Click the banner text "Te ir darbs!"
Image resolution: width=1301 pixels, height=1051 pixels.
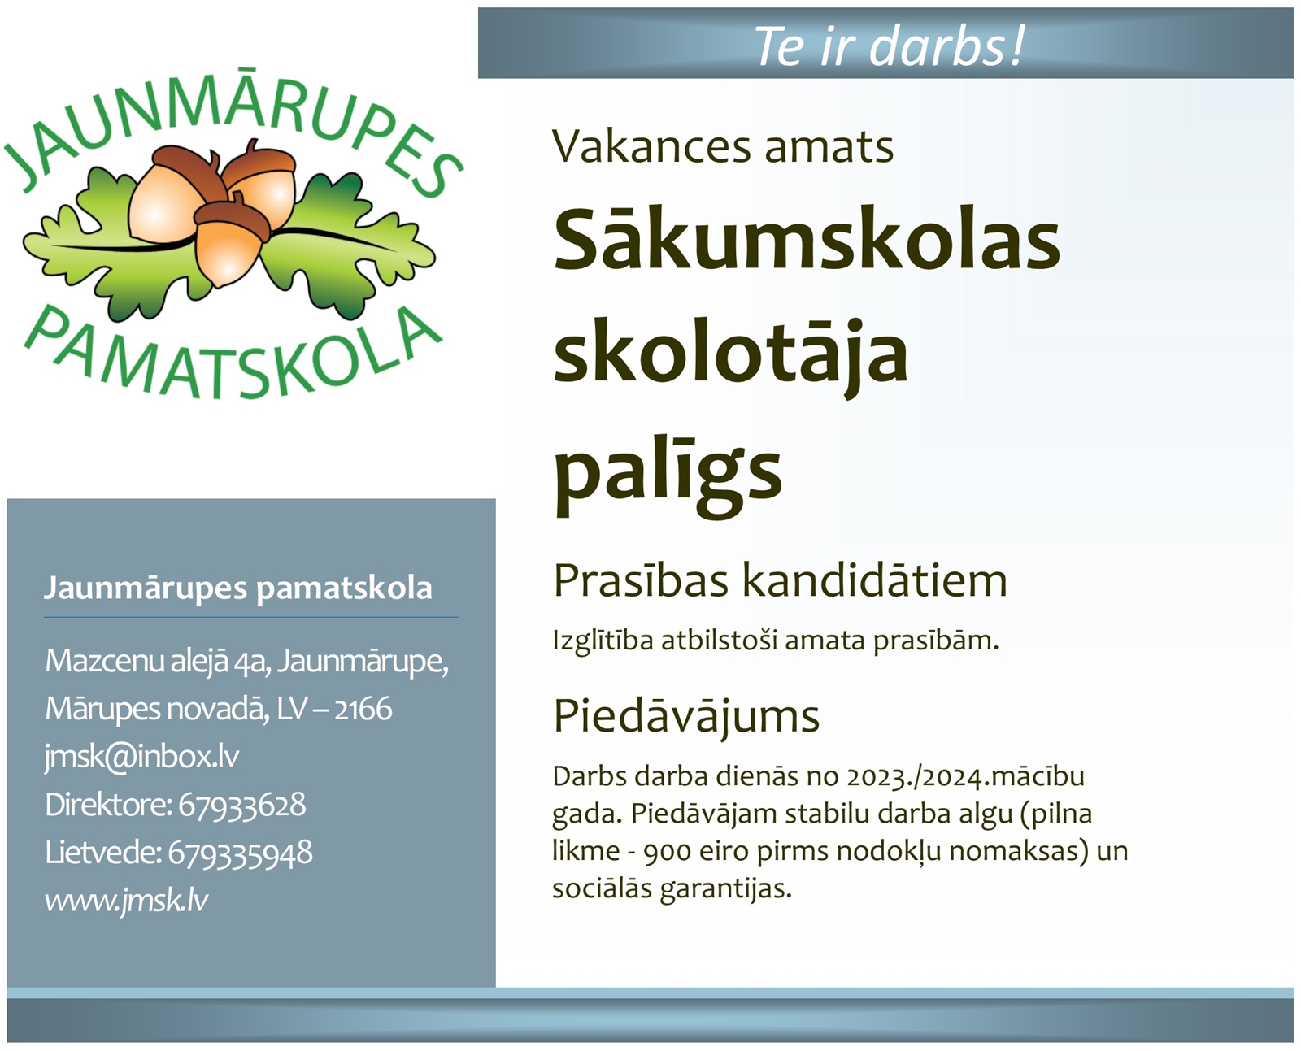tap(889, 46)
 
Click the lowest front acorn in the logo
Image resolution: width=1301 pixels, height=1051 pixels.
tap(231, 242)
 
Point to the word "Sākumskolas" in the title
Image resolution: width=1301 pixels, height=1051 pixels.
tap(807, 239)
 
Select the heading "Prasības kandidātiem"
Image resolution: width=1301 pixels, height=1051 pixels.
tap(780, 580)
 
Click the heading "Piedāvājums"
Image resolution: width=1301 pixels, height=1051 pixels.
tap(686, 716)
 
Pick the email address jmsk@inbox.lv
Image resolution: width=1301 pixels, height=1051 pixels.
tap(141, 756)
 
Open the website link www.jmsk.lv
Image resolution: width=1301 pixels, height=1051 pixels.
tap(126, 901)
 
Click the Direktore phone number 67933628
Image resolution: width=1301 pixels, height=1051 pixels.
tap(241, 804)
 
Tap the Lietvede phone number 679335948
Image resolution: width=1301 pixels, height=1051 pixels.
tap(240, 853)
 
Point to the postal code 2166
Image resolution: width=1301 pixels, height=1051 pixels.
tap(363, 709)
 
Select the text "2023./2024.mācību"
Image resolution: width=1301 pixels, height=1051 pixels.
tap(965, 777)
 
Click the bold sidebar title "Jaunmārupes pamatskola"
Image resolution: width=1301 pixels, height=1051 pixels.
tap(237, 588)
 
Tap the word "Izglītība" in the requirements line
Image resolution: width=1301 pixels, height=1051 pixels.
tap(603, 641)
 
